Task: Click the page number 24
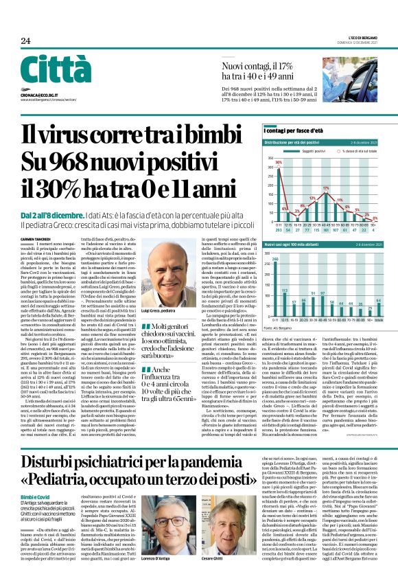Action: click(x=25, y=41)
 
